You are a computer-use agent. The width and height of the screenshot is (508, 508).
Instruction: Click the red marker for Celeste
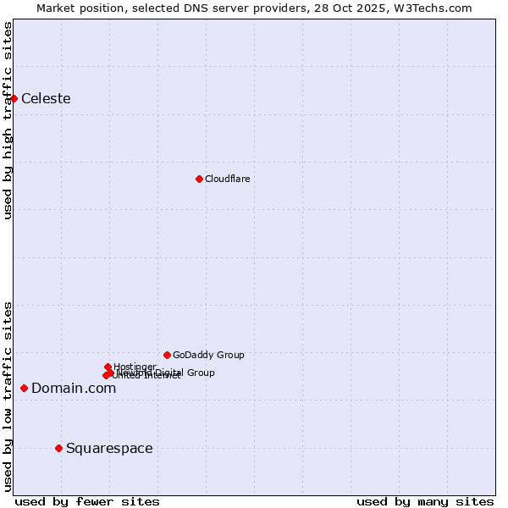14,98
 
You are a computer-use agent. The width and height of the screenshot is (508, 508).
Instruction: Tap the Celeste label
46,98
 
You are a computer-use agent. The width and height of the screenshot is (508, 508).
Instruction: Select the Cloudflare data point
199,179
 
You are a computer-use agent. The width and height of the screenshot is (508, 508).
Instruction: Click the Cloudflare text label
227,179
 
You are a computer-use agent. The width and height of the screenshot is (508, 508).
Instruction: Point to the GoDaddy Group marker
167,355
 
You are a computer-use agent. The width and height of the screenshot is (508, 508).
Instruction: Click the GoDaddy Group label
208,355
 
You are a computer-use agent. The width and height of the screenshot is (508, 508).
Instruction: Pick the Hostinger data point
108,367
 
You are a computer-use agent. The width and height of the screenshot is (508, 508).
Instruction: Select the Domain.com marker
24,388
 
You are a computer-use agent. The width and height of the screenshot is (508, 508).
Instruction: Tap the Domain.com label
74,388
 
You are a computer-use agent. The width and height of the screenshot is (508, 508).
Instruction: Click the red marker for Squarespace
58,448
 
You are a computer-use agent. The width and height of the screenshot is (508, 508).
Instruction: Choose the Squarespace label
109,448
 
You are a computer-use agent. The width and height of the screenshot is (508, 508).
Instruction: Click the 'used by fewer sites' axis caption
87,501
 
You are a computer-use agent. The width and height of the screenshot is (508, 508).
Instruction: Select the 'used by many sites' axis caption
425,501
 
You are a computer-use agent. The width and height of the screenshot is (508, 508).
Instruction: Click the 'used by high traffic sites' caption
8,120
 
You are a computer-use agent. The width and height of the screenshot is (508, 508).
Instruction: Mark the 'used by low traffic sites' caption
8,396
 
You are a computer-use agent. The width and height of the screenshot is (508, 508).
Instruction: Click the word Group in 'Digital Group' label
200,373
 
